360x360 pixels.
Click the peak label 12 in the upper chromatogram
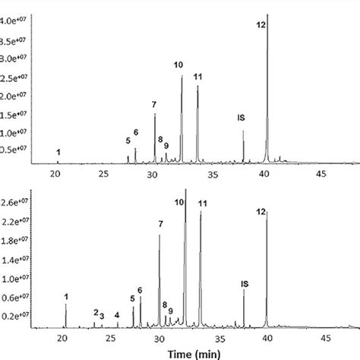pyautogui.click(x=261, y=25)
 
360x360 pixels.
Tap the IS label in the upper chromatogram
pyautogui.click(x=241, y=118)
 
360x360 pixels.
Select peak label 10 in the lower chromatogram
pyautogui.click(x=179, y=202)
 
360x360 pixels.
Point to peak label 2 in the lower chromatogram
pyautogui.click(x=96, y=312)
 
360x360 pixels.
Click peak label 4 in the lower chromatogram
pyautogui.click(x=117, y=315)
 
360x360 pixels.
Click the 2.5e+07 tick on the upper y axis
pyautogui.click(x=17, y=78)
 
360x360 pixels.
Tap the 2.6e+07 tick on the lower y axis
pyautogui.click(x=16, y=203)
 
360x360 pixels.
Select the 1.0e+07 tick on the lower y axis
pyautogui.click(x=16, y=279)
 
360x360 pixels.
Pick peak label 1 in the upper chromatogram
pyautogui.click(x=58, y=152)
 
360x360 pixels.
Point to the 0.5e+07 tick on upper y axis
pyautogui.click(x=17, y=149)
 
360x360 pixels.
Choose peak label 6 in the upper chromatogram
pyautogui.click(x=136, y=134)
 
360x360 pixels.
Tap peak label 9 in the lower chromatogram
pyautogui.click(x=171, y=311)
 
